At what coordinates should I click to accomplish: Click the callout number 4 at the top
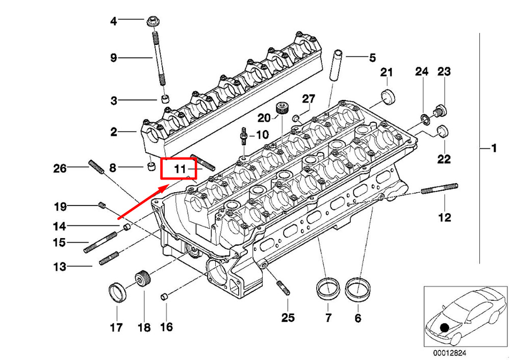113,21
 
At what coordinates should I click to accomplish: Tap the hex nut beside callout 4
152,22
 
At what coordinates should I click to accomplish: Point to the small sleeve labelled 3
166,98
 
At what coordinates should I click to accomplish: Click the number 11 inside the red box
180,169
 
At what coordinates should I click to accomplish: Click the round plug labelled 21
388,96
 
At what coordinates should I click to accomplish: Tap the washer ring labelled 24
425,119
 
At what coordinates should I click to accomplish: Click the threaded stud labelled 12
440,189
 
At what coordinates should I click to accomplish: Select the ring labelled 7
328,288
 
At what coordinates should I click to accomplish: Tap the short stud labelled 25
283,288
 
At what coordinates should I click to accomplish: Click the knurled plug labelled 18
142,279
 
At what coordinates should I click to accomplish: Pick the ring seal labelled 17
117,293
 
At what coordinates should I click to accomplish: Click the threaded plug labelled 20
282,108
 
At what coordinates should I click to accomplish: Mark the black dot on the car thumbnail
444,328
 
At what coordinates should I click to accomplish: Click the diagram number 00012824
449,353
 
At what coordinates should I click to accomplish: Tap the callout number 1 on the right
494,148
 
